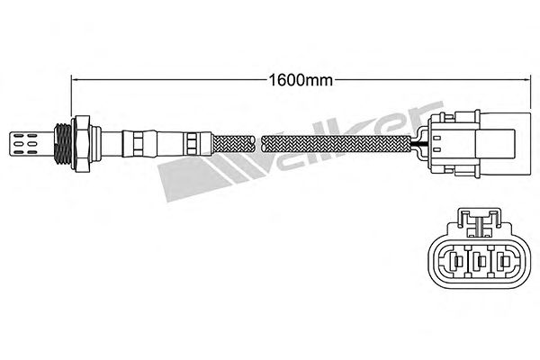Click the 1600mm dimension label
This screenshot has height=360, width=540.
coord(301,80)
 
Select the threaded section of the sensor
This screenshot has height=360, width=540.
coord(63,143)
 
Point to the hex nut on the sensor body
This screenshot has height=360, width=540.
coord(82,143)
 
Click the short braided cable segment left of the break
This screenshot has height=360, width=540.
coord(233,144)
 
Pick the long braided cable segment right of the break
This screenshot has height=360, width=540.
coord(336,144)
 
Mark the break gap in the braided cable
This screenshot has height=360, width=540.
coord(258,144)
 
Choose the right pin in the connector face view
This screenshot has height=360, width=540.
coord(503,262)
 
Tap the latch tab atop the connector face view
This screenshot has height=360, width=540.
coord(479,222)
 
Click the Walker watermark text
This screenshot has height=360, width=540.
coord(301,151)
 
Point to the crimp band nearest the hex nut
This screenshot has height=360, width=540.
coord(138,144)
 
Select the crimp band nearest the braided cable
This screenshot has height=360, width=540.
coord(192,143)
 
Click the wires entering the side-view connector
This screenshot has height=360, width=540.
coord(419,144)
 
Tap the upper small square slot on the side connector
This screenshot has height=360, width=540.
coord(436,138)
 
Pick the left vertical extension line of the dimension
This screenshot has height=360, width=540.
coord(71,95)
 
